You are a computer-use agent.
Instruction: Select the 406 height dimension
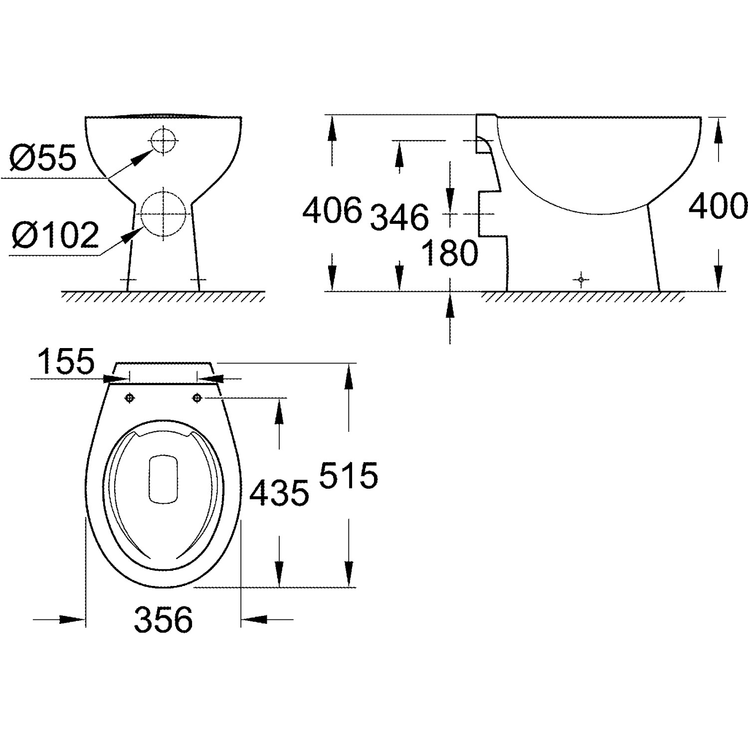(332, 210)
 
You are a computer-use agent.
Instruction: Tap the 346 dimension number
(399, 217)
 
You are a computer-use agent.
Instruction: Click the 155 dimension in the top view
(66, 362)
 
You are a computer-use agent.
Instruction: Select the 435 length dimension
(279, 494)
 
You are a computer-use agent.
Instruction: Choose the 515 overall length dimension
(349, 475)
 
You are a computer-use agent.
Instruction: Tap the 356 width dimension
(164, 620)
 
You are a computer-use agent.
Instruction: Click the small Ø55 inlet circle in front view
(163, 141)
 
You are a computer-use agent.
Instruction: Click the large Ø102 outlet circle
(164, 214)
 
